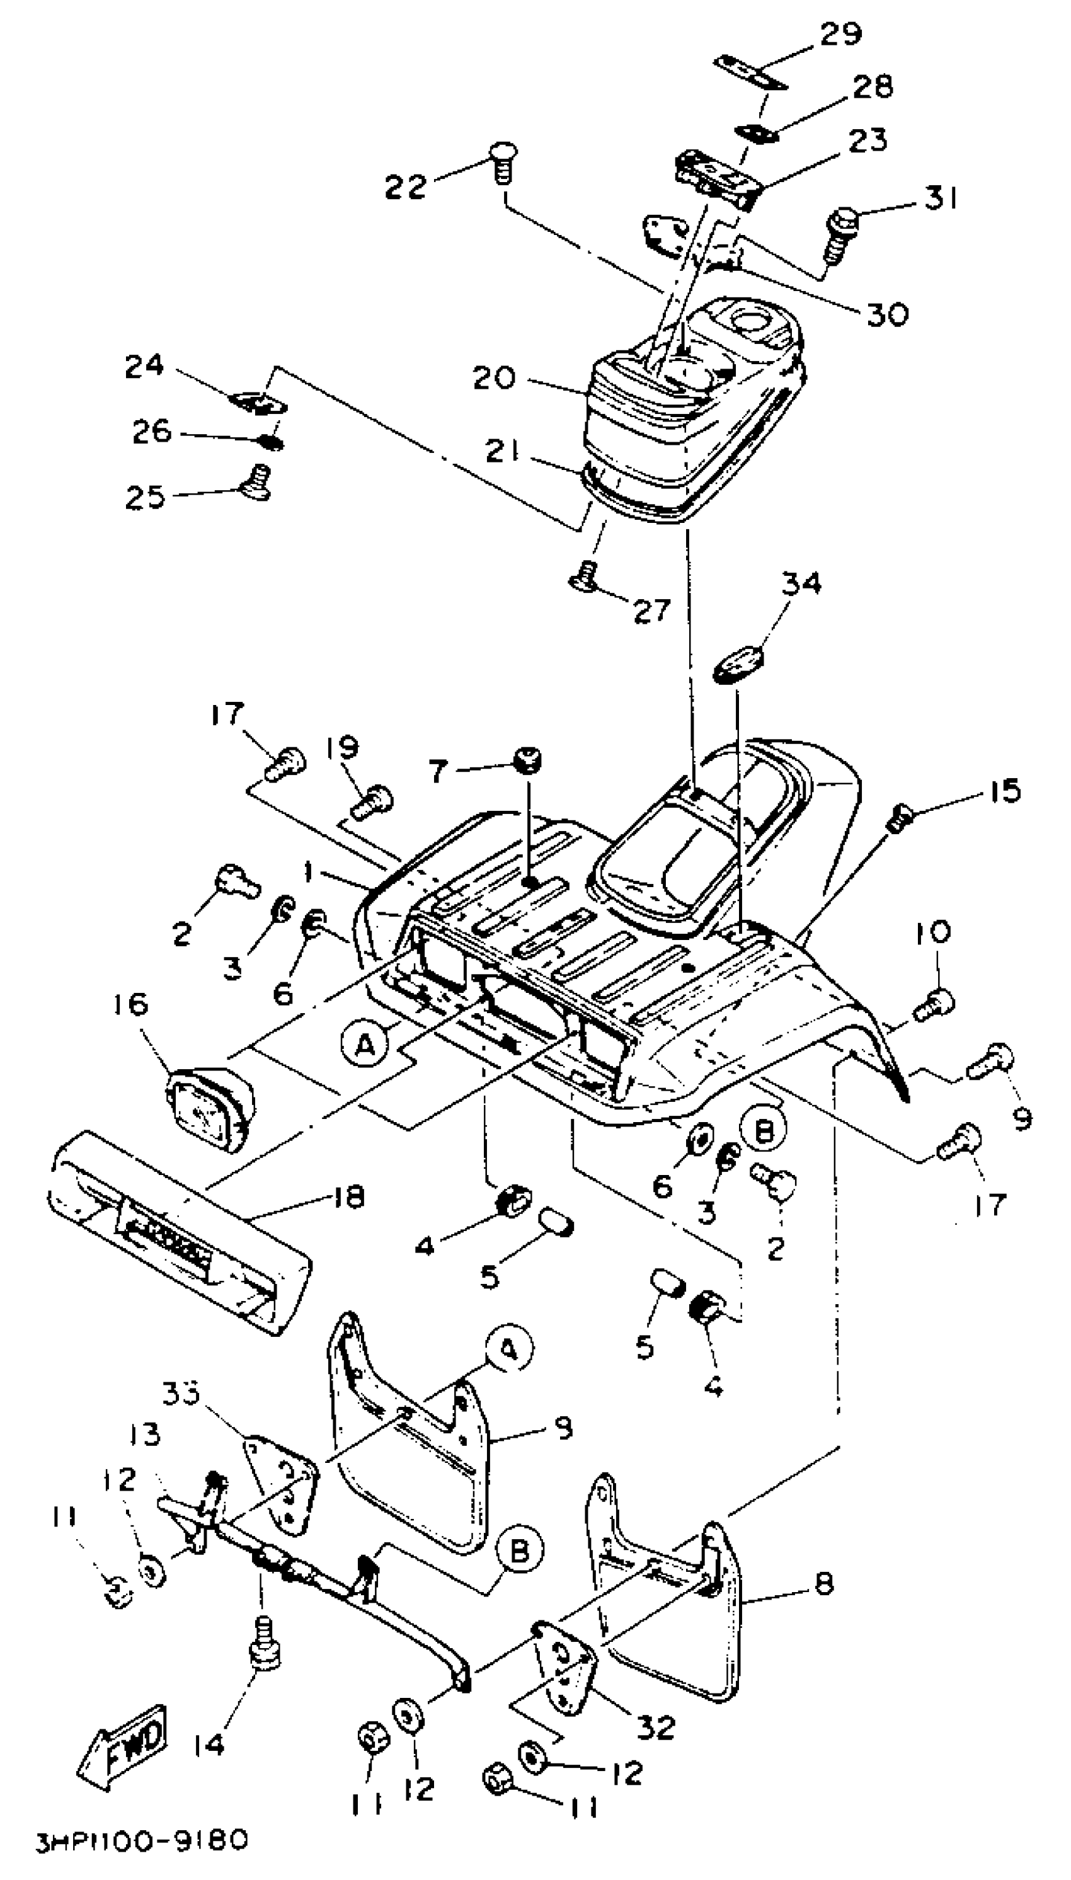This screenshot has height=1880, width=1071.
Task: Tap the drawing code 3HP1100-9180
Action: (x=142, y=1840)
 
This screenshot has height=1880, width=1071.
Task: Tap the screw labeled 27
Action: (x=585, y=576)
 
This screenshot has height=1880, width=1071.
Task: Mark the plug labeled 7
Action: (x=528, y=760)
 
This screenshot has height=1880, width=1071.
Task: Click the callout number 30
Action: (x=888, y=314)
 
